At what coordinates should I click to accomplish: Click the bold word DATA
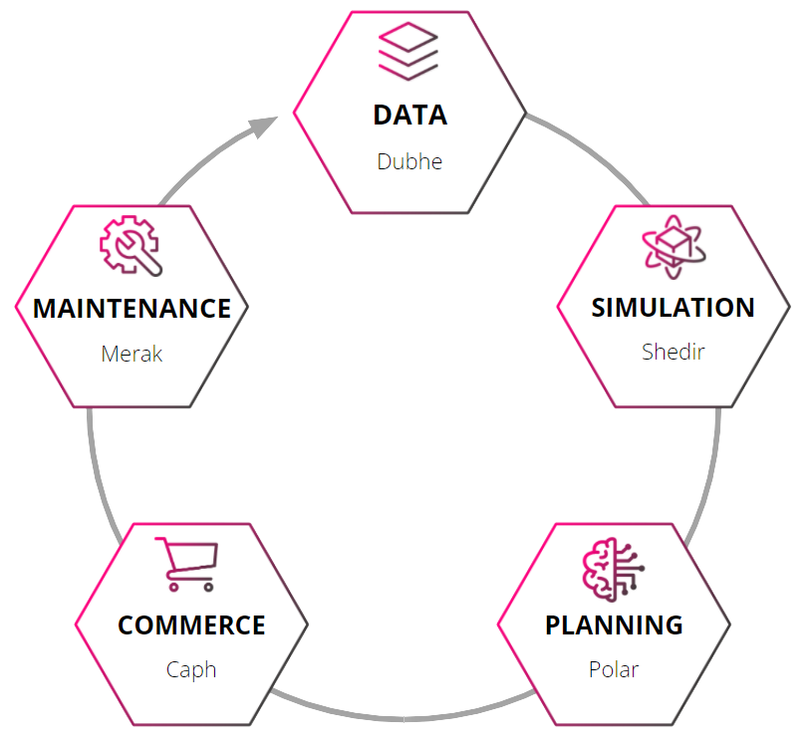click(x=409, y=115)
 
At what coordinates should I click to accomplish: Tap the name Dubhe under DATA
click(x=409, y=161)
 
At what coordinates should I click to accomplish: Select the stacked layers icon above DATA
click(x=408, y=51)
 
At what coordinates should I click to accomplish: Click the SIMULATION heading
click(x=673, y=308)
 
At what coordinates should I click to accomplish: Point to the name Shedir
click(x=674, y=352)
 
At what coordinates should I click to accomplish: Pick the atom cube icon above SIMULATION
click(x=674, y=247)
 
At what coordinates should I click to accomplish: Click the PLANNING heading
click(x=614, y=624)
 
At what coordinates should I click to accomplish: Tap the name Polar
click(x=614, y=669)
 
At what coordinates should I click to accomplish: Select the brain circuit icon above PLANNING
click(x=614, y=570)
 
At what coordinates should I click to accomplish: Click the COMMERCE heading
click(x=191, y=624)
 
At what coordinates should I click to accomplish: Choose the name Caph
click(x=191, y=670)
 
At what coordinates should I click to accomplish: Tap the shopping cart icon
click(x=187, y=565)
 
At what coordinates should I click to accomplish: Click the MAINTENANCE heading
click(x=132, y=309)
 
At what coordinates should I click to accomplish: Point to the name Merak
click(x=132, y=355)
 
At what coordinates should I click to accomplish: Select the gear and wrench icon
click(x=132, y=245)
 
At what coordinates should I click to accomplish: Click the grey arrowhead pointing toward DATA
click(x=263, y=126)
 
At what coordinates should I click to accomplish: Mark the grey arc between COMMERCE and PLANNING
click(x=404, y=719)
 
